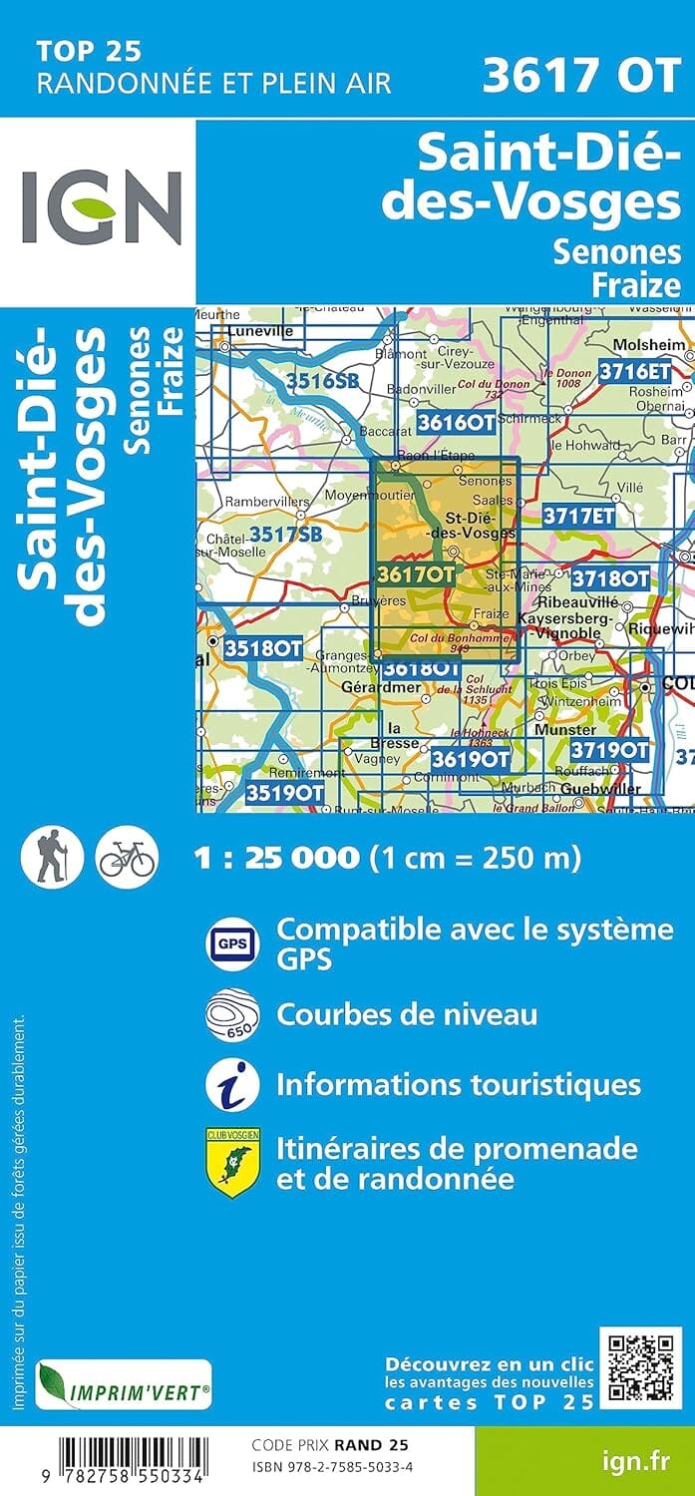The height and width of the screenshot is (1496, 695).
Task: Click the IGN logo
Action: pos(101,207)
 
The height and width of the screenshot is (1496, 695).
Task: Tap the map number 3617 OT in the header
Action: pos(580,76)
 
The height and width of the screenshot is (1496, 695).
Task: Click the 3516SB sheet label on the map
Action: pos(321,379)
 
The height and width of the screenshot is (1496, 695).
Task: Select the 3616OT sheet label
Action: pos(456,421)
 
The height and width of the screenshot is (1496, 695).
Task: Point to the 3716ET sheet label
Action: pos(635,371)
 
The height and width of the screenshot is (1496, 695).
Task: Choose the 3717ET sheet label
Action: pos(579,489)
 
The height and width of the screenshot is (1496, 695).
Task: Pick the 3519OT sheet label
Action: pos(285,793)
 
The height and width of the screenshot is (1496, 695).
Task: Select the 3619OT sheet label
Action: pos(470,759)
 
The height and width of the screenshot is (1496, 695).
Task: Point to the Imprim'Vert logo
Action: pos(124,1385)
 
